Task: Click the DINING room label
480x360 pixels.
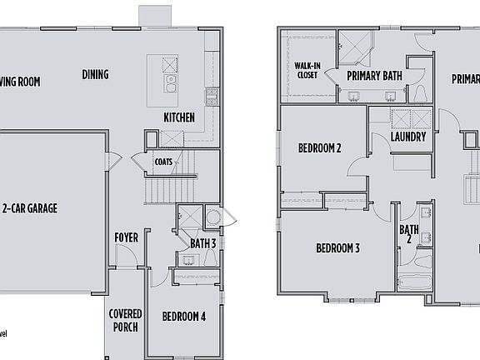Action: tap(95, 74)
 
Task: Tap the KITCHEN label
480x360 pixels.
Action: tap(179, 117)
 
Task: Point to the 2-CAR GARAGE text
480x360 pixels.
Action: tap(29, 208)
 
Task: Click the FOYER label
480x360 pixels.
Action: tap(126, 238)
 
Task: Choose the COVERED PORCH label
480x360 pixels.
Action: tap(125, 320)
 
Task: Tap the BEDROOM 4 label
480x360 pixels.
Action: tap(184, 317)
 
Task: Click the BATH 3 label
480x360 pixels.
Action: tap(202, 243)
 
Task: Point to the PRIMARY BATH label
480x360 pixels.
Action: tap(375, 75)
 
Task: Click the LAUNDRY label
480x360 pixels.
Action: tap(408, 137)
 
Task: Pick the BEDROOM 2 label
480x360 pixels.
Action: tap(320, 149)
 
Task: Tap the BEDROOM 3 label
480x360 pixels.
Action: tap(337, 247)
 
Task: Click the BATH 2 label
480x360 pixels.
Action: tap(408, 234)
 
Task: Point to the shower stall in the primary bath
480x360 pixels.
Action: tap(355, 47)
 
